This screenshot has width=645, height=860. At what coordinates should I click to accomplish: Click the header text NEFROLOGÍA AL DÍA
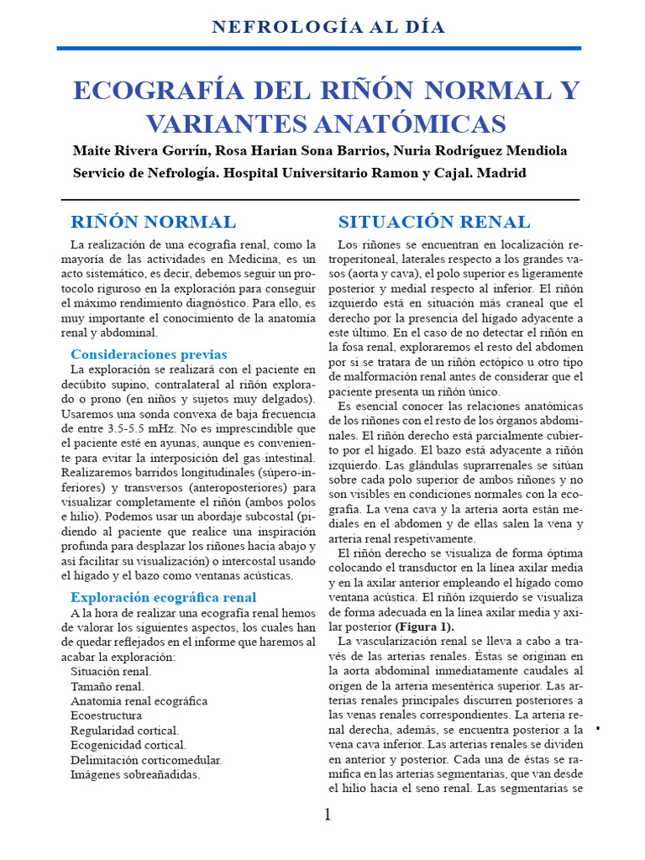(328, 27)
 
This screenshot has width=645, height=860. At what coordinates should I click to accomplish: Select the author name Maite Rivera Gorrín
(139, 151)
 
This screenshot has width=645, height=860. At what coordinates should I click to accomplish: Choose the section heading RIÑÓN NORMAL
(153, 223)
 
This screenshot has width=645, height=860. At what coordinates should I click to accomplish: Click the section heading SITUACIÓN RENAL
(433, 223)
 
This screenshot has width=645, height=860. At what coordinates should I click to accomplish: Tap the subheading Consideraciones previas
(149, 354)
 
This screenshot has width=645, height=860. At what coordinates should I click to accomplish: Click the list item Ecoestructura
(106, 716)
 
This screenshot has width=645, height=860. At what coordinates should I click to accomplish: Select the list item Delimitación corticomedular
(146, 760)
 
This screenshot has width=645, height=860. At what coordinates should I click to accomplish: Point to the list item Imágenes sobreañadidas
(135, 774)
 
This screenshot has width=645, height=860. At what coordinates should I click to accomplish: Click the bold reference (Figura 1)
(424, 627)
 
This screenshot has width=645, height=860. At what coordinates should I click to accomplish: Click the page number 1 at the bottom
(328, 815)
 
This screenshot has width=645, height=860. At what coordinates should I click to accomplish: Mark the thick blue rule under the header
(319, 49)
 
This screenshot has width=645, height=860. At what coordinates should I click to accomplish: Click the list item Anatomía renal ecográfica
(139, 701)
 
